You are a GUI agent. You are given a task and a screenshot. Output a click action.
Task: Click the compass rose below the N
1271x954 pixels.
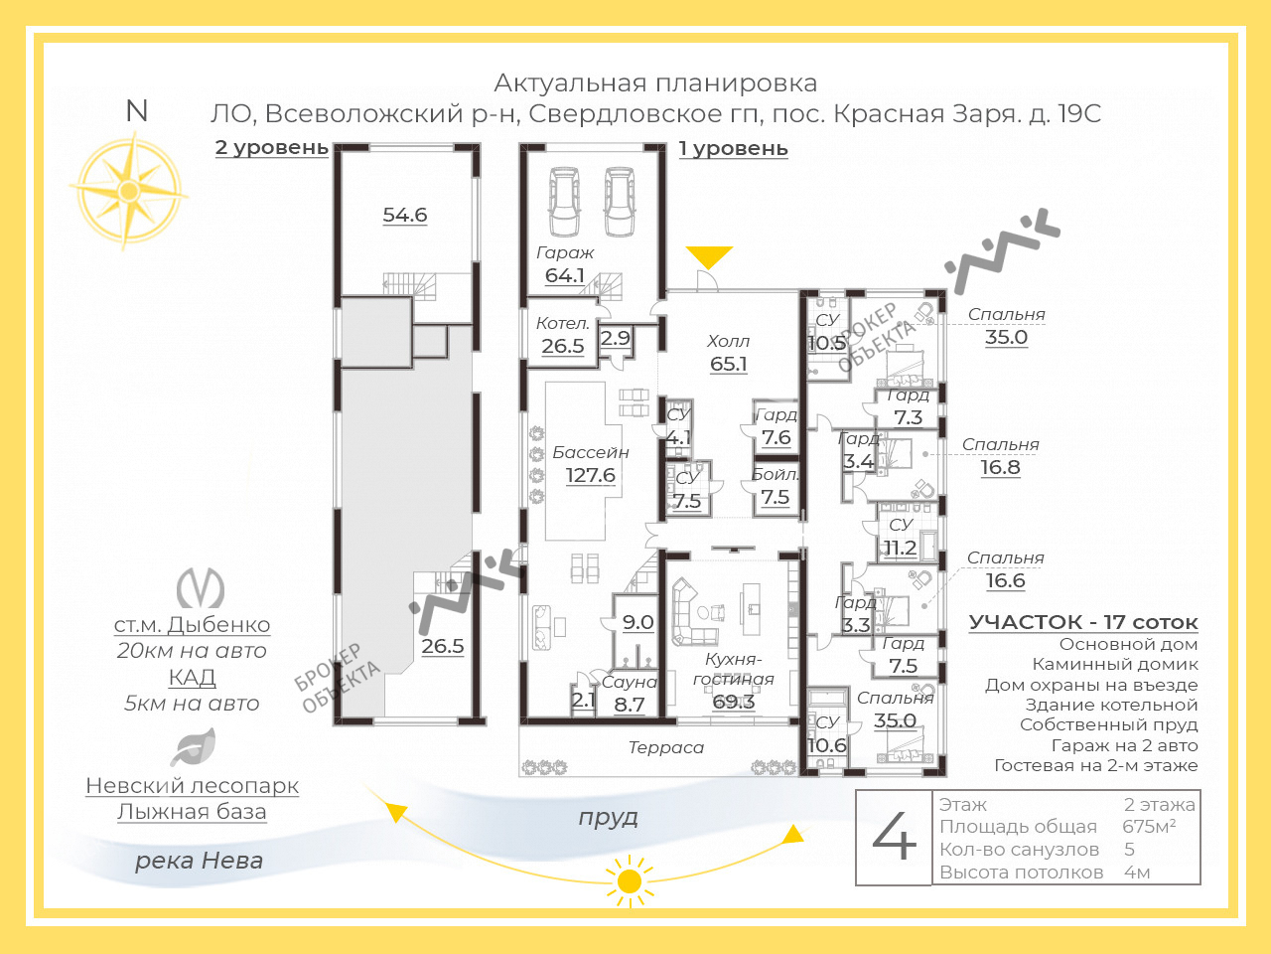(129, 191)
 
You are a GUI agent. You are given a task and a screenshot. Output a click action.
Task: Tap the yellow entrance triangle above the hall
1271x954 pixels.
(709, 256)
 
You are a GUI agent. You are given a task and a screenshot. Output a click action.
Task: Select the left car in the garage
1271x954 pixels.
(564, 201)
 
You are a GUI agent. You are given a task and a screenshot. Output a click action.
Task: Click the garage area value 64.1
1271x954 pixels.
(565, 275)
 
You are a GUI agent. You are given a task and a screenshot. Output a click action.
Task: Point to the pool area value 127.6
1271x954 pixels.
(590, 475)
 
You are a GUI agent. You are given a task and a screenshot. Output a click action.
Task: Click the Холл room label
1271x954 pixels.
(728, 341)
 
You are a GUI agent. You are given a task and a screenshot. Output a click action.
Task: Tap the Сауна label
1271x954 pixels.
(630, 682)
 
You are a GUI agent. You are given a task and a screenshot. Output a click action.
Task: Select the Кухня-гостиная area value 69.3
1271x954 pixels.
(733, 702)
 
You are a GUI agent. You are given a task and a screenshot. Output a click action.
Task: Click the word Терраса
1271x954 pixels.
(666, 747)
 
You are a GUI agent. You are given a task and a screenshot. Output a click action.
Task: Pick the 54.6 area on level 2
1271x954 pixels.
(405, 215)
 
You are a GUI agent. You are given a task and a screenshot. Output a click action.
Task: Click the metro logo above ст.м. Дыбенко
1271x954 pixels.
(201, 587)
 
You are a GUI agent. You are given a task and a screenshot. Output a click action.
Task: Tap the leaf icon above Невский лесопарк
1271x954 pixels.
(193, 747)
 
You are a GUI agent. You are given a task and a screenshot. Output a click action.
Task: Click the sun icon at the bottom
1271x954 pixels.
(629, 881)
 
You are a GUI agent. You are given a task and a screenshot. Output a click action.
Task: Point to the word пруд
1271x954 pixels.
(608, 818)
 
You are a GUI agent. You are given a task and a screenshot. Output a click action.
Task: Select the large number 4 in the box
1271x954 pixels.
(894, 837)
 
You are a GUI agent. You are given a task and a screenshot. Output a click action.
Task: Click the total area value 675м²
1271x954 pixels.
(1149, 827)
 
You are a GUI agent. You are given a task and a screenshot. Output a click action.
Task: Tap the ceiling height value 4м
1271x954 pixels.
(1137, 872)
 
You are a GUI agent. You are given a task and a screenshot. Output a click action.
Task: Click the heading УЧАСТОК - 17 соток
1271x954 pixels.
(1083, 623)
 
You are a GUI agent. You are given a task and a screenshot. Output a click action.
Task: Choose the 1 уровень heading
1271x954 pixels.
(733, 149)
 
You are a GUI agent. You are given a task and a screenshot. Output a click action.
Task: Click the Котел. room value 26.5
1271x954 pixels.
(562, 346)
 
